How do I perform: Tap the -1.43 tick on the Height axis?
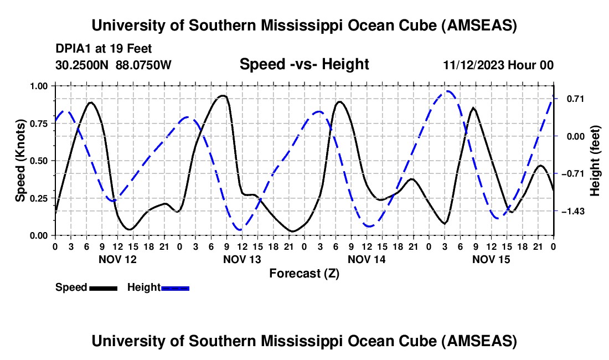[x=569, y=212]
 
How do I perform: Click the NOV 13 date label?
[x=242, y=259]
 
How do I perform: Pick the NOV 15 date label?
[x=491, y=259]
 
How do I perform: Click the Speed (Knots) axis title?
[x=20, y=161]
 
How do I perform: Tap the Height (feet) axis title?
[x=595, y=161]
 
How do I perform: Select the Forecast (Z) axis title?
[x=304, y=273]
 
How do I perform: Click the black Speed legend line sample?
[x=102, y=287]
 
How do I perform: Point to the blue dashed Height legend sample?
[x=176, y=287]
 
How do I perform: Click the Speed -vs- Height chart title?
[x=304, y=64]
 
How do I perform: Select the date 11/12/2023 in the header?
[x=473, y=65]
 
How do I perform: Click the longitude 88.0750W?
[x=144, y=65]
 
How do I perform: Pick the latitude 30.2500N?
[x=82, y=65]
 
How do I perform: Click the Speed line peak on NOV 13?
[x=223, y=95]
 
